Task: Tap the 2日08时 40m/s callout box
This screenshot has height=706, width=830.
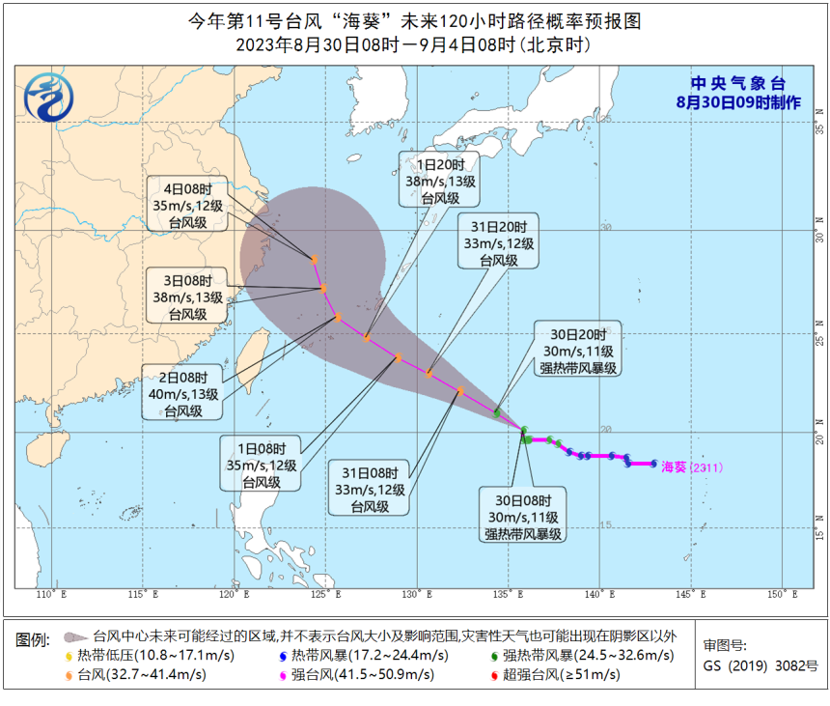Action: pyautogui.click(x=183, y=392)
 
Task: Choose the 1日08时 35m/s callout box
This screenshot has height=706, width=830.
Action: pyautogui.click(x=261, y=463)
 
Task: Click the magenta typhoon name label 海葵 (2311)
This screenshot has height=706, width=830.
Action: pyautogui.click(x=691, y=466)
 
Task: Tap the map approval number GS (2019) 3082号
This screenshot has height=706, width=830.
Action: pyautogui.click(x=761, y=665)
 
